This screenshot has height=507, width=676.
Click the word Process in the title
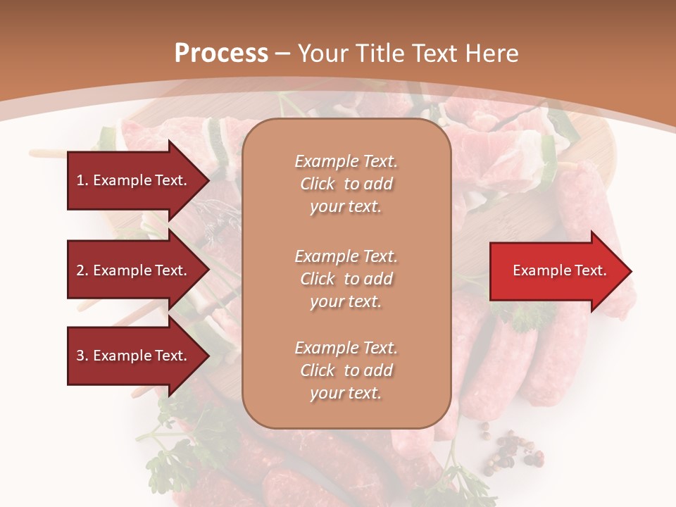221,54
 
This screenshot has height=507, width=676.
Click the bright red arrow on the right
556,271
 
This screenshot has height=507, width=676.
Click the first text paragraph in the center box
346,184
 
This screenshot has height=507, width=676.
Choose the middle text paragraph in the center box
346,279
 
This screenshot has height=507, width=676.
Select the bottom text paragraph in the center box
346,370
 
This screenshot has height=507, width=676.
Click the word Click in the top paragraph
318,184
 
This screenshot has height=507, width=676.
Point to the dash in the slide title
283,54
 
